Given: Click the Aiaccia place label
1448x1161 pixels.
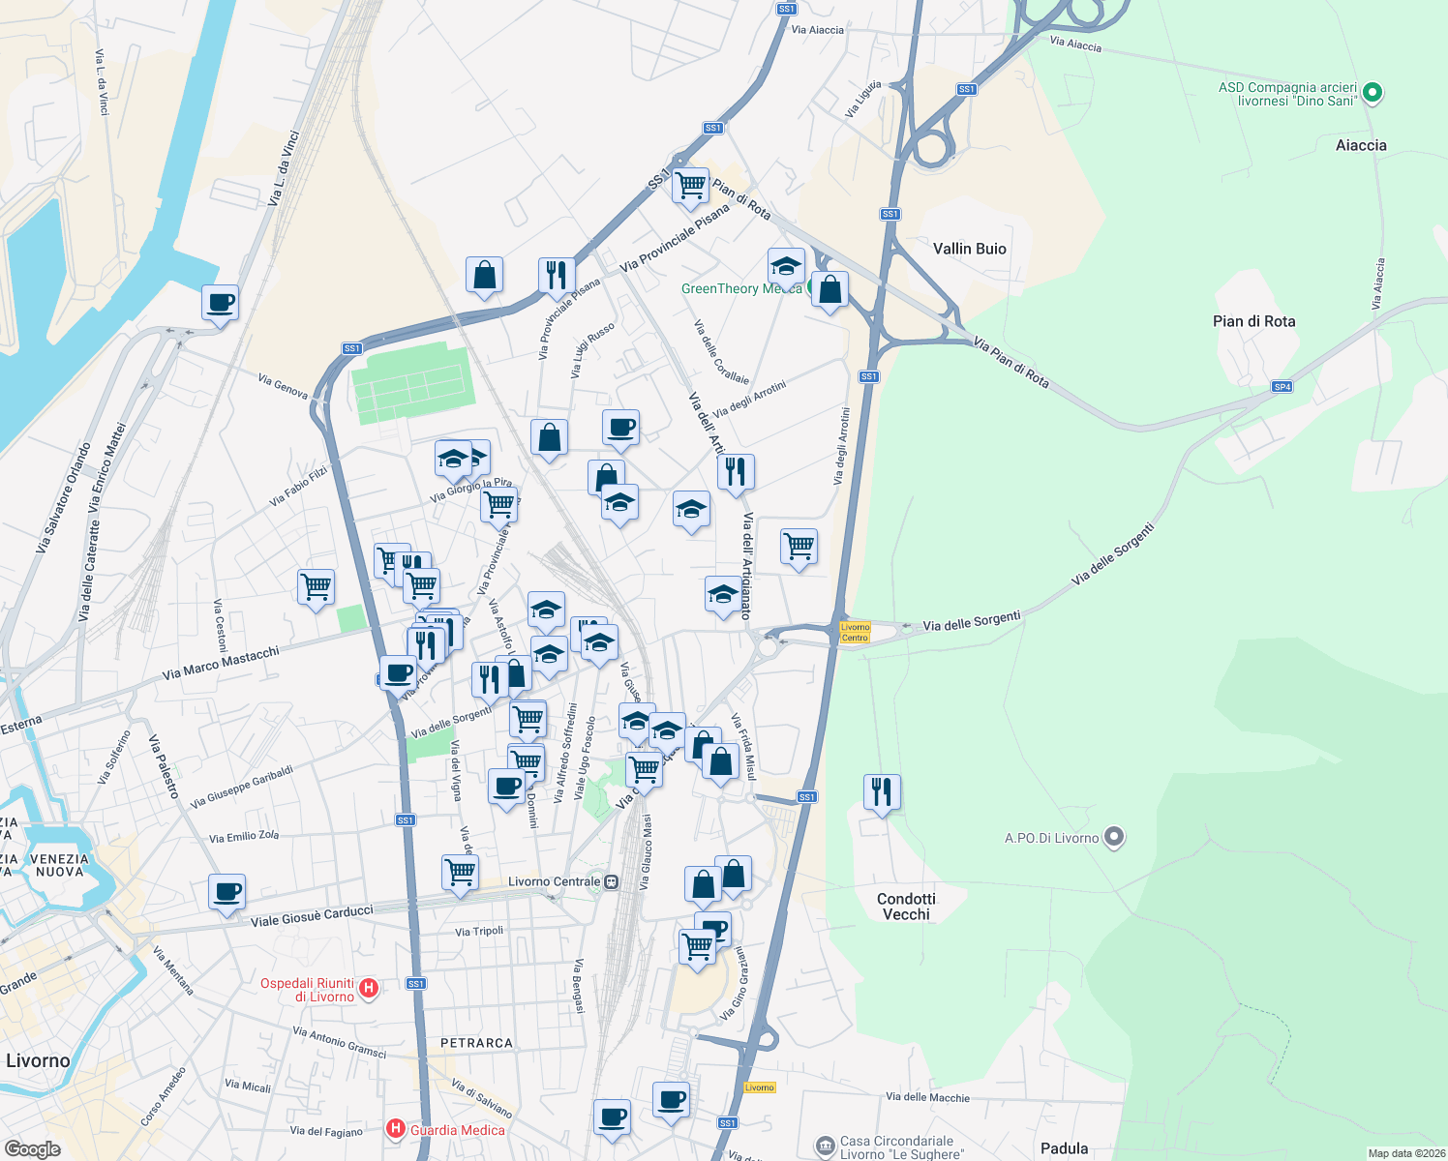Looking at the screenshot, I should pyautogui.click(x=1361, y=145).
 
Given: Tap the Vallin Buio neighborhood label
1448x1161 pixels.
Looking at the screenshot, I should pyautogui.click(x=969, y=249).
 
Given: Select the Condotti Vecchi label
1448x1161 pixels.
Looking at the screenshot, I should pyautogui.click(x=906, y=907).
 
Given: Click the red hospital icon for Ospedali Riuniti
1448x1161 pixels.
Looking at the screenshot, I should pyautogui.click(x=368, y=989).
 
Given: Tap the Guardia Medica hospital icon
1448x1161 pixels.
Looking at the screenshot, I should pyautogui.click(x=395, y=1129).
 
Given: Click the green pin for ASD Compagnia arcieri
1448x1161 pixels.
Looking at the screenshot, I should pyautogui.click(x=1373, y=94).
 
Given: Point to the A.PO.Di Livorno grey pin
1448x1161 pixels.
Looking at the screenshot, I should pyautogui.click(x=1114, y=837).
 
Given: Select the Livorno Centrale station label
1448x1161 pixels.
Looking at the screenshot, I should pyautogui.click(x=555, y=881).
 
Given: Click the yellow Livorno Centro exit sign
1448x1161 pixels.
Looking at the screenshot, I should pyautogui.click(x=855, y=632).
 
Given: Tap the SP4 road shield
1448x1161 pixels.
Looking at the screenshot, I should pyautogui.click(x=1282, y=387).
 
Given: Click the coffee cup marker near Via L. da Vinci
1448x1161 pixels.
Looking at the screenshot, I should pyautogui.click(x=221, y=302).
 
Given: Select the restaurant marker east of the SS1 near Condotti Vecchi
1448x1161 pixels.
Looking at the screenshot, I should pyautogui.click(x=881, y=791).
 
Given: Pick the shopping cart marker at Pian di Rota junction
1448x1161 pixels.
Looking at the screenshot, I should pyautogui.click(x=690, y=185).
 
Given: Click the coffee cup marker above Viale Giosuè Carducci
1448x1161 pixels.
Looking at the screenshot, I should pyautogui.click(x=226, y=891).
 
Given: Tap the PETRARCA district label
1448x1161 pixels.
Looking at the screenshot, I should pyautogui.click(x=476, y=1043).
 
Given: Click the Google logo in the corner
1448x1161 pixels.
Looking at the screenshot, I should pyautogui.click(x=33, y=1148).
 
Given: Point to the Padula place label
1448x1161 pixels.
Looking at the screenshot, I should pyautogui.click(x=1064, y=1148).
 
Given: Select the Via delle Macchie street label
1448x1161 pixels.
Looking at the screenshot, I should pyautogui.click(x=927, y=1097).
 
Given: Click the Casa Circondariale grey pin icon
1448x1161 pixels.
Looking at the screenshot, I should pyautogui.click(x=825, y=1146).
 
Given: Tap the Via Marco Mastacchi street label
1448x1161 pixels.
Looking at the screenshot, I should pyautogui.click(x=221, y=663).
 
